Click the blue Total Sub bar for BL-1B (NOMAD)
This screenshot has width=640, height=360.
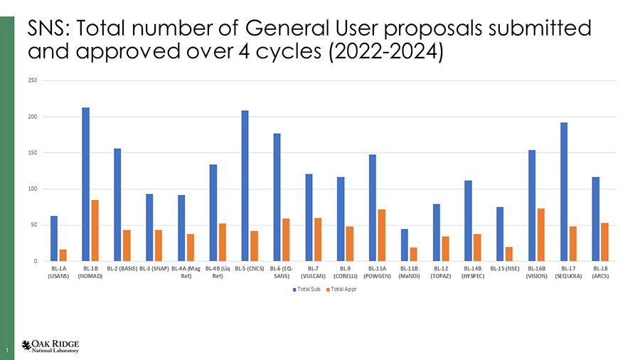85,184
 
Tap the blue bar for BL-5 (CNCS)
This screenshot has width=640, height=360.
245,186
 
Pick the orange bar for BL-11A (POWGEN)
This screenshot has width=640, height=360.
382,235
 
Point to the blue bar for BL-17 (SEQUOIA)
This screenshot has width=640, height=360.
564,191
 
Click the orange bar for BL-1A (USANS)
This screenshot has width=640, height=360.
63,255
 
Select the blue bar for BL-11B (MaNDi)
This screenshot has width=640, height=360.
405,245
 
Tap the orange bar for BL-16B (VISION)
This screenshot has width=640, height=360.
541,235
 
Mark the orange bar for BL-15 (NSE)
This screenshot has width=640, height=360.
509,254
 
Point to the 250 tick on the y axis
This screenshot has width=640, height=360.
33,80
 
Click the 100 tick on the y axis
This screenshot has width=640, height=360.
33,189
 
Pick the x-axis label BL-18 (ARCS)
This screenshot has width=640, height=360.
599,272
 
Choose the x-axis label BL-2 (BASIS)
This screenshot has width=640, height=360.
122,269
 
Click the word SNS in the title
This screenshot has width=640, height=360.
47,29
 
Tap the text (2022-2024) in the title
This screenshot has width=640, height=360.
387,53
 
